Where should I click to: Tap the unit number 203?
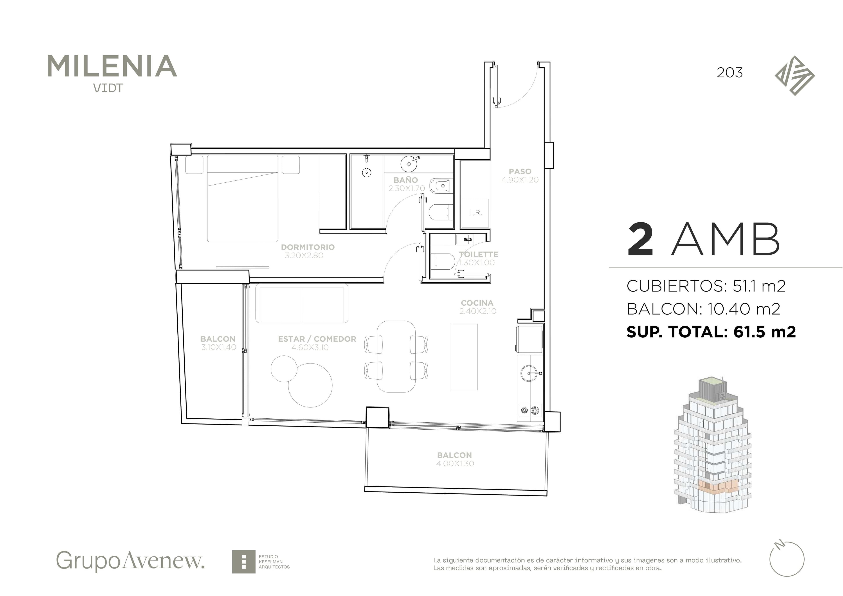730,73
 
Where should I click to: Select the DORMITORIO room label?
308,247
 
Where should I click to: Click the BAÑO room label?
406,180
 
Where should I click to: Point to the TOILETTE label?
478,254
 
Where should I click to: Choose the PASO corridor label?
520,171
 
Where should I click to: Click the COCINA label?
477,303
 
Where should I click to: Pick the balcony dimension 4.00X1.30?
455,463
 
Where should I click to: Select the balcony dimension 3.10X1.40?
218,347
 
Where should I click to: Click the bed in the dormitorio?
242,198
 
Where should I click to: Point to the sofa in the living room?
302,303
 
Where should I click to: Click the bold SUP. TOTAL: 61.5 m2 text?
711,332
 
